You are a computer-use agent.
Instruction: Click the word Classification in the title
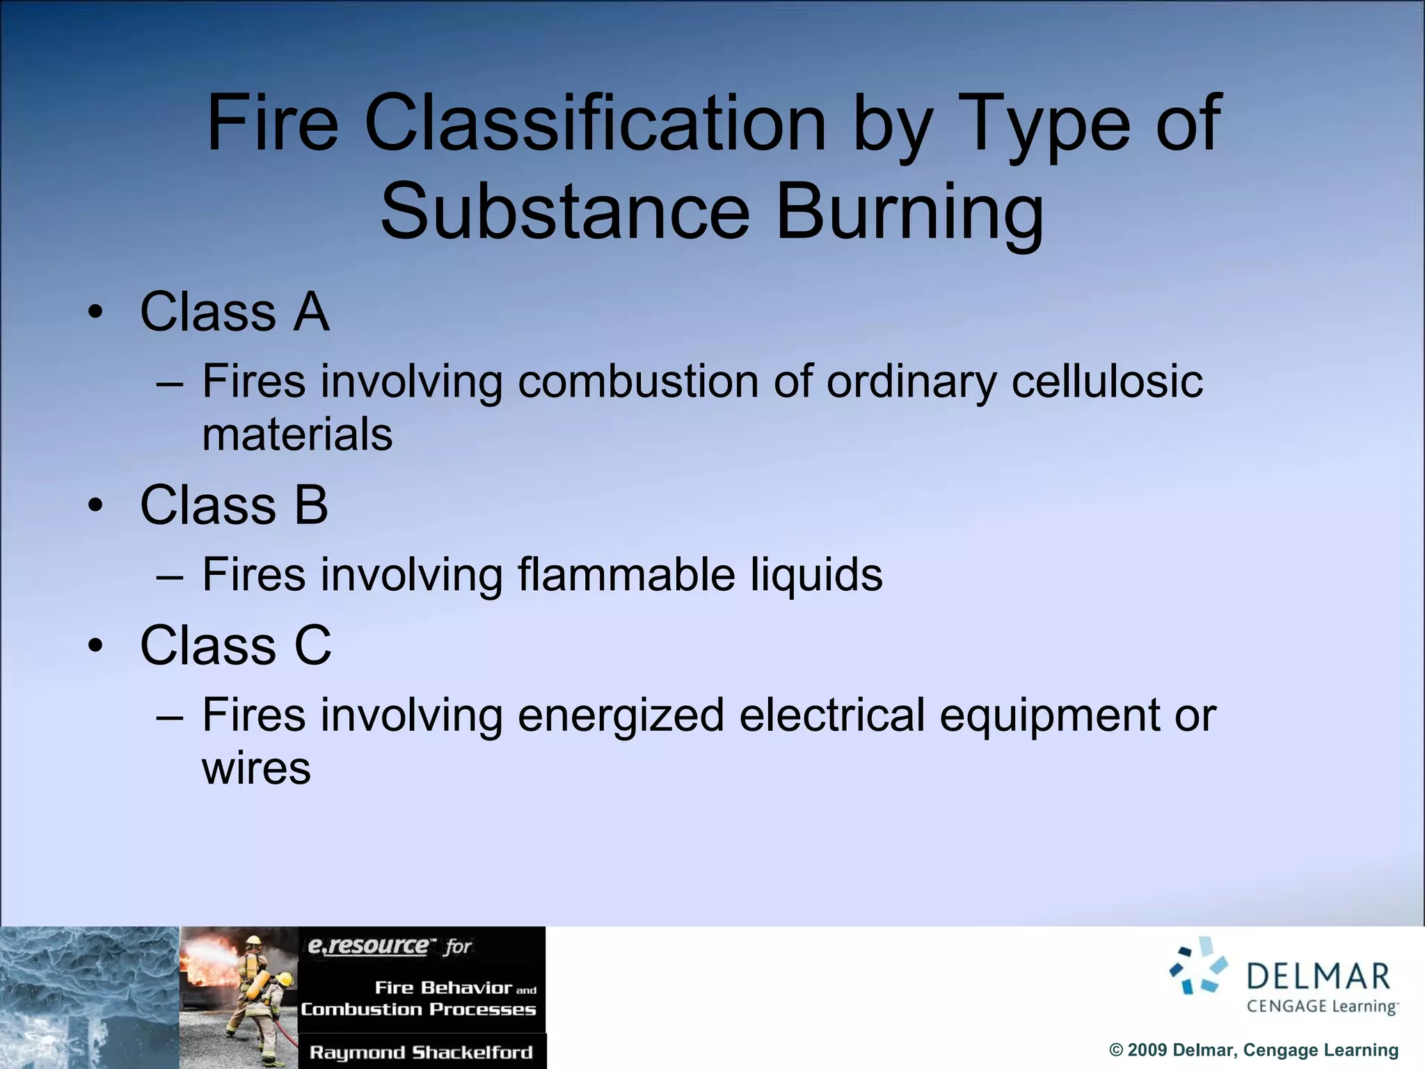coord(595,124)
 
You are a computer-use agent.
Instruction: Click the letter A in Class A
coord(311,312)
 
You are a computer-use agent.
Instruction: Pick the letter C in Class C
coord(312,645)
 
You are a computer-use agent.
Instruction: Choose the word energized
coord(621,717)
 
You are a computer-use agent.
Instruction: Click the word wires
coord(256,768)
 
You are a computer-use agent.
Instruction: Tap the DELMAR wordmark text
coord(1318,976)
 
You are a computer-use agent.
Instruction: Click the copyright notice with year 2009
coord(1253,1050)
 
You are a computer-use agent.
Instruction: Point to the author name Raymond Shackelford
coord(421,1052)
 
